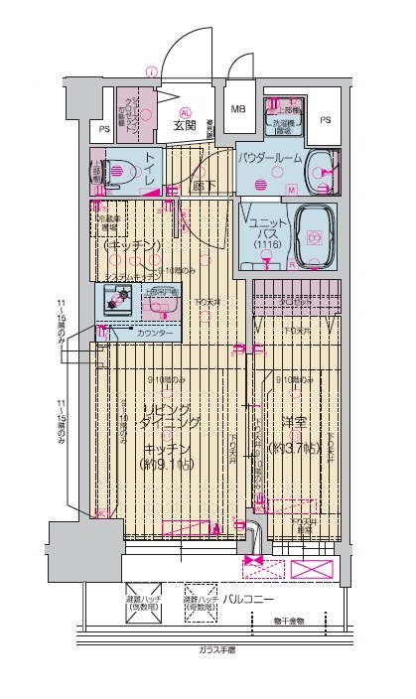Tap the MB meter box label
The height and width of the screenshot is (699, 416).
tap(239, 109)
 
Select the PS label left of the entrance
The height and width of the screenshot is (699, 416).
tap(104, 129)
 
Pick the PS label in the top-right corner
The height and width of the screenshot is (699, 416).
tap(326, 120)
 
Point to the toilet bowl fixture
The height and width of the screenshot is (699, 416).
tap(113, 171)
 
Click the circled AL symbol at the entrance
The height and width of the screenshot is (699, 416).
tap(185, 111)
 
